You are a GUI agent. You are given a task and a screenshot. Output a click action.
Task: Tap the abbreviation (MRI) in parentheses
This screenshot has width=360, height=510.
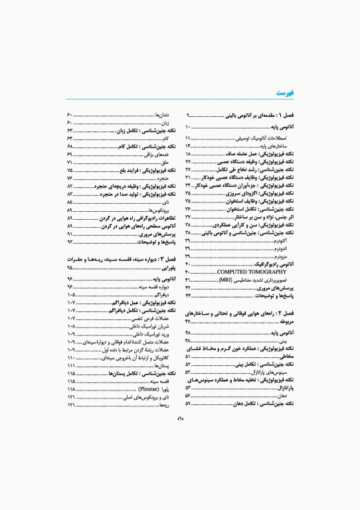coord(228,280)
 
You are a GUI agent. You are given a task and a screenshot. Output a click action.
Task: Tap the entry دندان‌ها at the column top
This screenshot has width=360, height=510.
coord(162,114)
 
